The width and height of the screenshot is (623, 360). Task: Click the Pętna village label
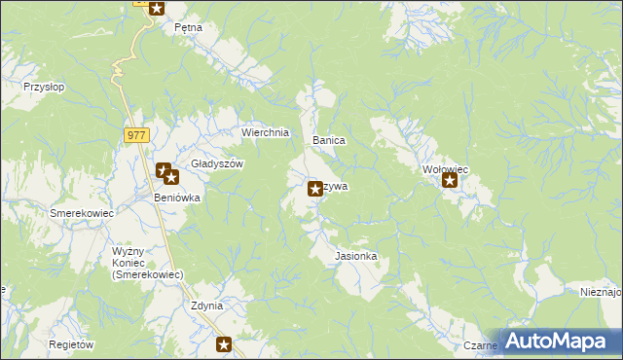tap(188, 27)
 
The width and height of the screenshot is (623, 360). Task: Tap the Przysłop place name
tap(44, 87)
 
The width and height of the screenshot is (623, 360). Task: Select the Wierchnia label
tap(265, 133)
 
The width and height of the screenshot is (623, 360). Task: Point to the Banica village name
tap(329, 140)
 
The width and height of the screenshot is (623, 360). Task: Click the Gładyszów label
tap(216, 164)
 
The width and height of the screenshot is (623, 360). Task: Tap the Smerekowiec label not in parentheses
tap(83, 213)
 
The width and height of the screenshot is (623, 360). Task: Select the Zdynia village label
tap(207, 306)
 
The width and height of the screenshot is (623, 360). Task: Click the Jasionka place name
tap(355, 257)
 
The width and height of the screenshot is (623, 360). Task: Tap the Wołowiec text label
tap(446, 169)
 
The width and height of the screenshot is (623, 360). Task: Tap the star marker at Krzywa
tap(315, 189)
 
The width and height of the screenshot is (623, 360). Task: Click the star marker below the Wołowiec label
tap(450, 180)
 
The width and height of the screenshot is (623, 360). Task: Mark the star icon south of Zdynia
tap(225, 343)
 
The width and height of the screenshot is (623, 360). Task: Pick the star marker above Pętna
tap(156, 7)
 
